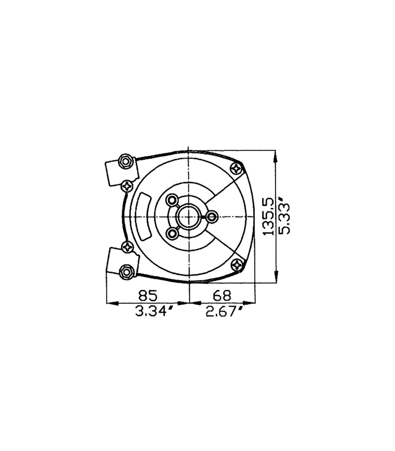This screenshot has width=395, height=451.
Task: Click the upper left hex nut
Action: pos(126,162)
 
